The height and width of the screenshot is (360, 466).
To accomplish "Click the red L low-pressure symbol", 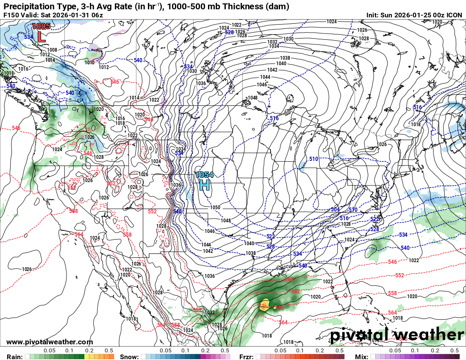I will (x=42, y=36).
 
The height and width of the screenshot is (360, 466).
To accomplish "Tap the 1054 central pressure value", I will (x=205, y=174).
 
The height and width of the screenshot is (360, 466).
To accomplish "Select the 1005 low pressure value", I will (x=41, y=26).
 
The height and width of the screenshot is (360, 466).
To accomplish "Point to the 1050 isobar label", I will (x=215, y=208).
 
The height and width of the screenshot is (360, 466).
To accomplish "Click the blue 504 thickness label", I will (x=335, y=210).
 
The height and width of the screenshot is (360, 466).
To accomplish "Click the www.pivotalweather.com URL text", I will (x=50, y=342).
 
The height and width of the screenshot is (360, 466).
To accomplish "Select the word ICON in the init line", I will (x=455, y=15).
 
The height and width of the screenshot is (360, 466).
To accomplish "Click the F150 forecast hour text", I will (x=11, y=15).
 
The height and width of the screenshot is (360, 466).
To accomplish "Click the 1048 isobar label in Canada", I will (x=252, y=98).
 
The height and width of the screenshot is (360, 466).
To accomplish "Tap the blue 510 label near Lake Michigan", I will (x=313, y=159).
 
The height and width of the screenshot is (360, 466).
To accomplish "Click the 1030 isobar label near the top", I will (x=288, y=39).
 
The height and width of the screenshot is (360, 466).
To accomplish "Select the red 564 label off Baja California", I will (x=79, y=234).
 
